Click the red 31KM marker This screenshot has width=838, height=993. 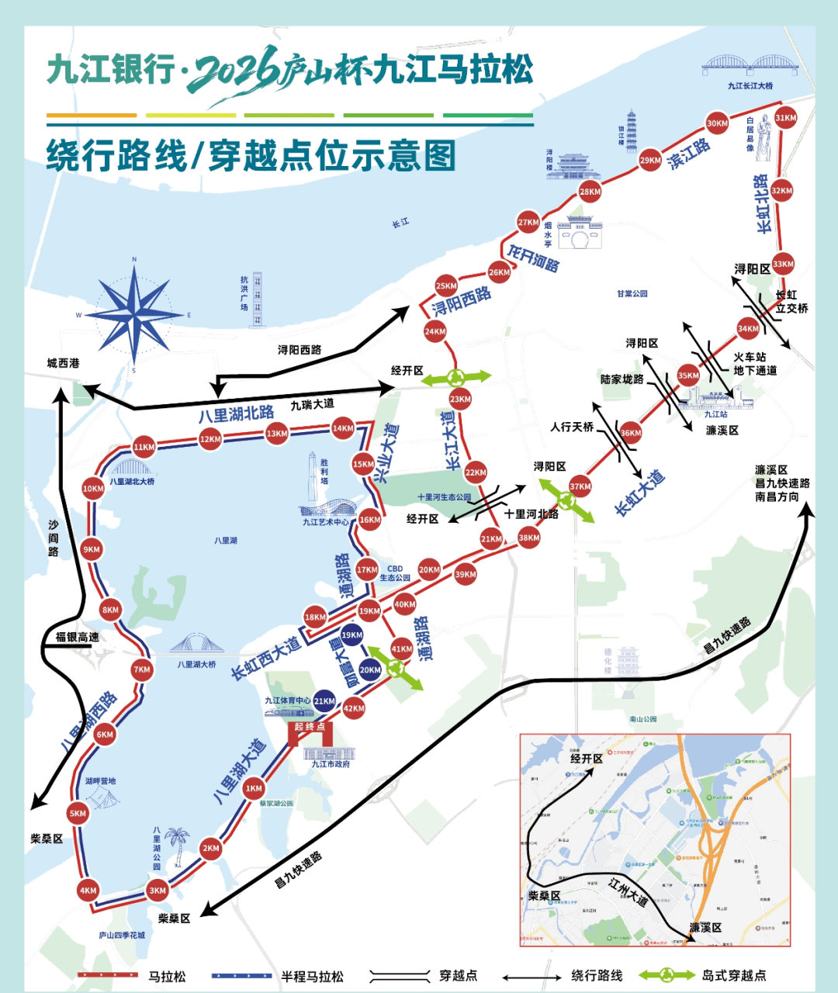coord(785,118)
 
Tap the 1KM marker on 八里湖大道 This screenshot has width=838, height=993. coord(254,788)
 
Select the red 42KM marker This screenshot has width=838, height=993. coord(354,708)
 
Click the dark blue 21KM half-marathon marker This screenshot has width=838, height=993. coord(324,701)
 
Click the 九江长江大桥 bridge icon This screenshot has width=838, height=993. coord(750,64)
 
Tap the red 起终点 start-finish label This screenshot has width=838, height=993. coord(310,727)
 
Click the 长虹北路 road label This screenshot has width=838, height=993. coord(763,203)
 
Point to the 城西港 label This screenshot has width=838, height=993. coord(63,363)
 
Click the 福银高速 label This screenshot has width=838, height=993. coord(77,637)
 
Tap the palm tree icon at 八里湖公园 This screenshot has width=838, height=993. coord(178,845)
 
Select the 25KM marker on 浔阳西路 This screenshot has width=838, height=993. coord(446,285)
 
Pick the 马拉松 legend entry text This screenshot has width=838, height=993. coord(167,976)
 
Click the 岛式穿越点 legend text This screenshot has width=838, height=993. coord(733,975)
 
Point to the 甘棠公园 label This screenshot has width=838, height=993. coord(632,293)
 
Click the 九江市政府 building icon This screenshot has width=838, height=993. coord(329,751)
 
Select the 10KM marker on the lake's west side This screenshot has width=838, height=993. coord(93,488)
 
